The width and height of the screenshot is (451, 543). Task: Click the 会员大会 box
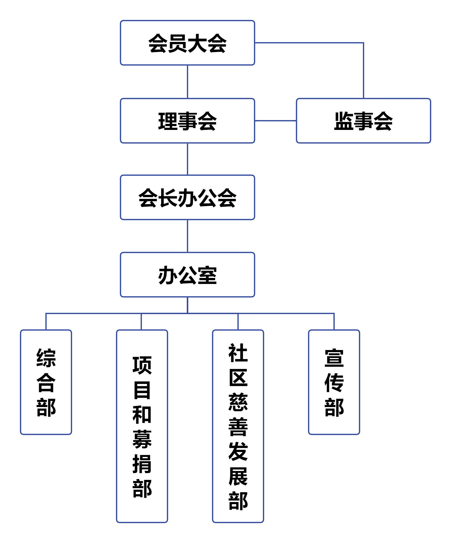click(x=187, y=43)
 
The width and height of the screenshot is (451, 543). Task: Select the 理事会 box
click(x=187, y=121)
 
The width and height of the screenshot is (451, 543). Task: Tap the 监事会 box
click(x=363, y=121)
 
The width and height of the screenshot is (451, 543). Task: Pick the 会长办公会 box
click(x=187, y=197)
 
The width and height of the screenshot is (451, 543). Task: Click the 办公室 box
click(x=187, y=275)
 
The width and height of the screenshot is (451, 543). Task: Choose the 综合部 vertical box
click(x=46, y=382)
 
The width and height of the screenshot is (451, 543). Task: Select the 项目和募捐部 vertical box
click(x=142, y=426)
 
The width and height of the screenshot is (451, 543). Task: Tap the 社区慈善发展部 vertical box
click(x=238, y=426)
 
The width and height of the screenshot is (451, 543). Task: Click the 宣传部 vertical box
click(x=334, y=382)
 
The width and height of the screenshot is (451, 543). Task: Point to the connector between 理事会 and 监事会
click(x=275, y=121)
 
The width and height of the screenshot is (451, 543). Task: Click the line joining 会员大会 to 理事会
click(x=188, y=82)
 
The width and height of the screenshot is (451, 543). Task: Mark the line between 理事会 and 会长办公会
click(x=188, y=159)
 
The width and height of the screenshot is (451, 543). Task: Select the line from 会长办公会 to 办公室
click(x=188, y=236)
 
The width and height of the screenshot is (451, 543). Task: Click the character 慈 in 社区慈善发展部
click(x=238, y=402)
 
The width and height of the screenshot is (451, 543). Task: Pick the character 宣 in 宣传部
click(x=334, y=358)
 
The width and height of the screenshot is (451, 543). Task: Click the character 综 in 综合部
click(x=46, y=358)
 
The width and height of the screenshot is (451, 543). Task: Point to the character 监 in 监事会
click(x=344, y=121)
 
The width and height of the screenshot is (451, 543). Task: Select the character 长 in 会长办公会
click(x=168, y=198)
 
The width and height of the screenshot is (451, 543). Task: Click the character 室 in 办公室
click(x=207, y=275)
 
